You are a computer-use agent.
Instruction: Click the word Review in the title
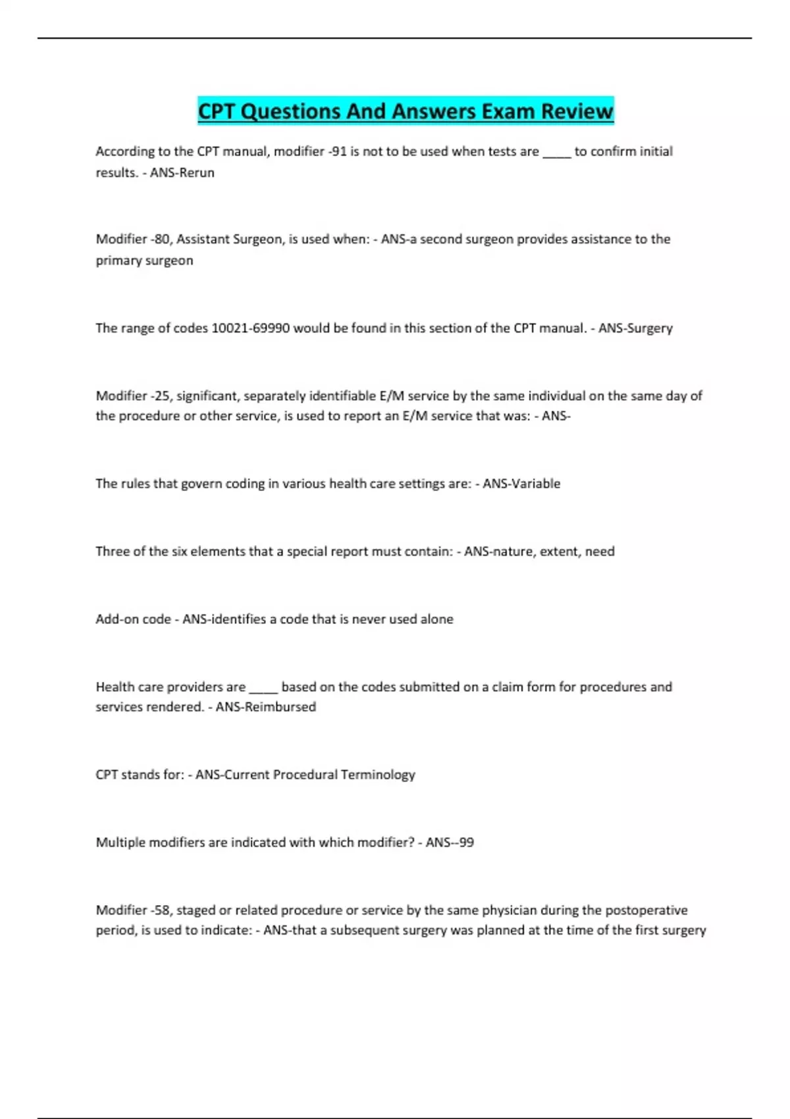tap(577, 111)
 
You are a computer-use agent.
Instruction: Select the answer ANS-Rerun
tap(182, 172)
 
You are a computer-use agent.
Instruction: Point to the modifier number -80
tap(161, 239)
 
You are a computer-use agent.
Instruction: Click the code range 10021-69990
tap(250, 328)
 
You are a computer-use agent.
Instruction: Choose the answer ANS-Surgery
tap(635, 328)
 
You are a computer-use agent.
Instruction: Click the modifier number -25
tap(161, 396)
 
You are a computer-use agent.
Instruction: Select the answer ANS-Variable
tap(521, 483)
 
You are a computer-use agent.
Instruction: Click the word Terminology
tap(378, 774)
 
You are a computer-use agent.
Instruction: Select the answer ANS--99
tap(450, 842)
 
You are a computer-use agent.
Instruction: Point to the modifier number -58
tap(161, 910)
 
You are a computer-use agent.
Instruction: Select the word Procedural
tap(305, 774)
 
